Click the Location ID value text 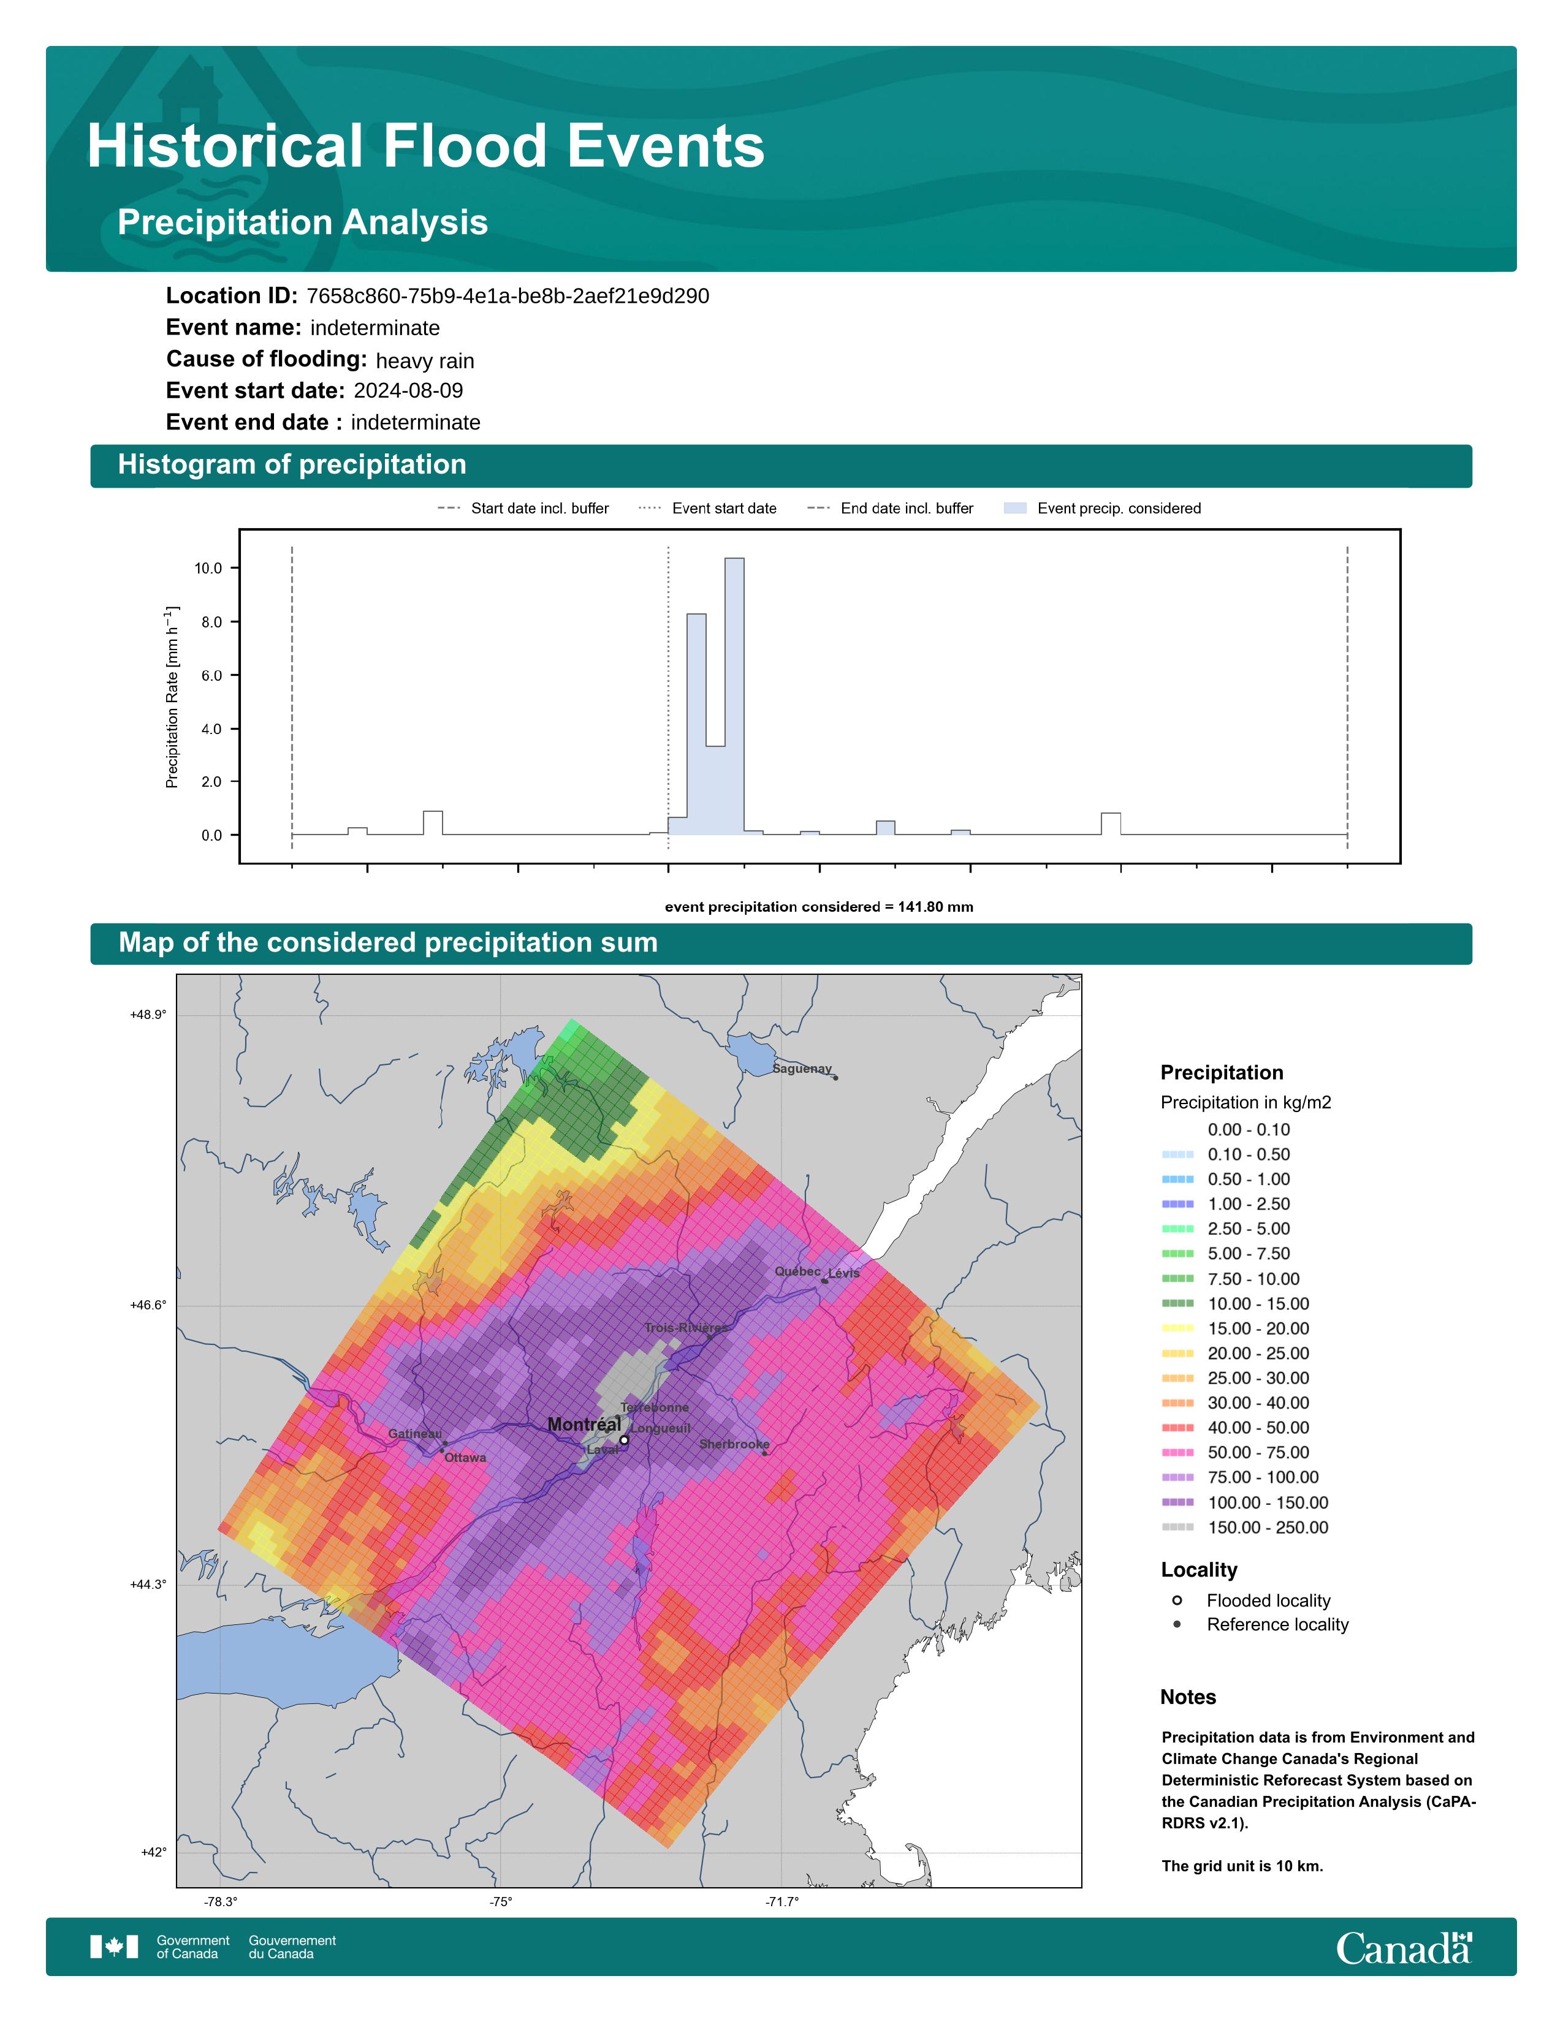coord(508,297)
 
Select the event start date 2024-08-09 coord(408,391)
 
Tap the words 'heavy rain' coord(425,361)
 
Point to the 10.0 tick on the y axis coord(208,569)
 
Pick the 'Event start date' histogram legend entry coord(707,509)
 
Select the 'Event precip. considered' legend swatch coord(1015,509)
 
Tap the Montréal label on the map coord(584,1424)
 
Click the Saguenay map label coord(802,1069)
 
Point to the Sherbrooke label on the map coord(734,1444)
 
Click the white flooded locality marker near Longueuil coord(624,1440)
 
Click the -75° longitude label coord(501,1902)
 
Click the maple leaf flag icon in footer coord(114,1947)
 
